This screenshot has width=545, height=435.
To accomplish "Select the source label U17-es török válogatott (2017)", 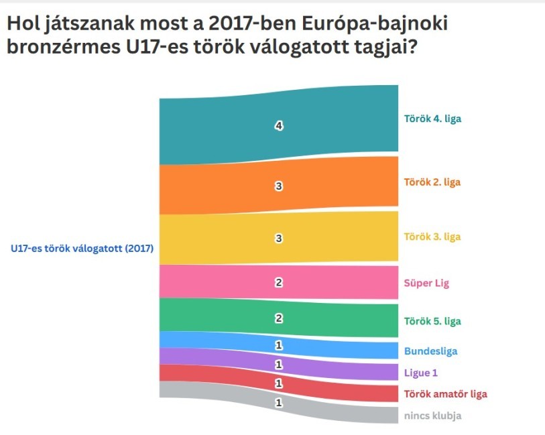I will pos(82,249).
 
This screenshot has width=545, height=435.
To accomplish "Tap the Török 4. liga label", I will pos(432,119).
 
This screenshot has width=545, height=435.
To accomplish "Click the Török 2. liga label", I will pos(432,182).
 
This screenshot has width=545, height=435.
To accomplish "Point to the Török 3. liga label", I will pos(432,237).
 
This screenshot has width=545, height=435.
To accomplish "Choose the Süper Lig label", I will pos(427,284).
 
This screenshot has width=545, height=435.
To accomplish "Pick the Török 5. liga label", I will pos(432,321).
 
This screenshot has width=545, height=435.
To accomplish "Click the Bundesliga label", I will pos(430,351).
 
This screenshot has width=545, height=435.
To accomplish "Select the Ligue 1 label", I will pos(421,373).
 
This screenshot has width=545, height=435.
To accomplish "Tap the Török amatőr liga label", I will pos(445,394).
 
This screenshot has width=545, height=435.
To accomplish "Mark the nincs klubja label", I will pos(432,416).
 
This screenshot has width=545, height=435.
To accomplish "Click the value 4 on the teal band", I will pos(279,126).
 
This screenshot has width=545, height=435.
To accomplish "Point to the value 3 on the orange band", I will pos(279,187).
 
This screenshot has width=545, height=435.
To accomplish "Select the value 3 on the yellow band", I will pos(279,238).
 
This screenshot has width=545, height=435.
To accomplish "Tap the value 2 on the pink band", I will pos(279,283).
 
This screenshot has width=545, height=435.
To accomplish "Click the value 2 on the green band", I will pos(279,318).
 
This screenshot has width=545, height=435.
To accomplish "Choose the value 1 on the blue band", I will pos(279,345).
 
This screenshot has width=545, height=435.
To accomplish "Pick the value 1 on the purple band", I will pos(279,365).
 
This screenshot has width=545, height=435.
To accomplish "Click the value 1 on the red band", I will pos(279,383).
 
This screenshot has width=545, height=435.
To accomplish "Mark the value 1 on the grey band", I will pos(279,403).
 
